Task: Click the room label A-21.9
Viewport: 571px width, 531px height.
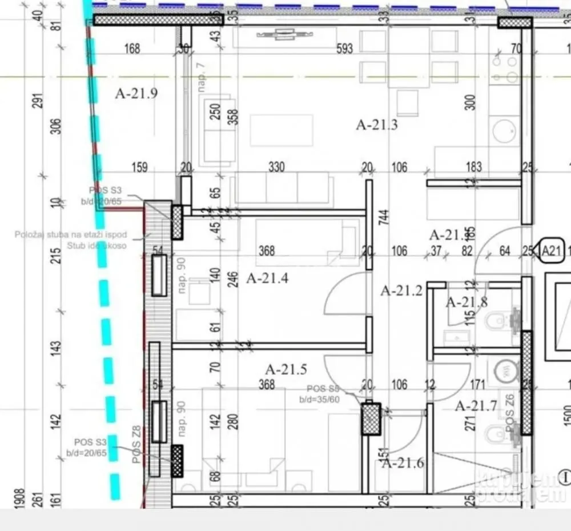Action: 136,93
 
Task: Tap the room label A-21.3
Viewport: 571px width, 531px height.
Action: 377,124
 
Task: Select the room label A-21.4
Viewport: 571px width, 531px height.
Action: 267,278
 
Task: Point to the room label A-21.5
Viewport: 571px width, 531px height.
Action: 286,369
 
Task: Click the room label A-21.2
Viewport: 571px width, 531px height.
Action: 401,291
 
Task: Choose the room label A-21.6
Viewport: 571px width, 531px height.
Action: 403,463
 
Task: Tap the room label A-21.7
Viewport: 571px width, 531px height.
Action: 476,406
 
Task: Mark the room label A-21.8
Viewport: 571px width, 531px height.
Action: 467,302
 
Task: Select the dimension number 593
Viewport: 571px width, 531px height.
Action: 345,49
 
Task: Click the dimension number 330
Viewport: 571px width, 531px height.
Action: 276,167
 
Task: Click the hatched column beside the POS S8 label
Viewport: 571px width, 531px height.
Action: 371,419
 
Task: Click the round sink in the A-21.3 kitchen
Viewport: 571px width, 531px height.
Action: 504,131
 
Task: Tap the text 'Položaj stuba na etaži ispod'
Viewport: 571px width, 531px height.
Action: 71,235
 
